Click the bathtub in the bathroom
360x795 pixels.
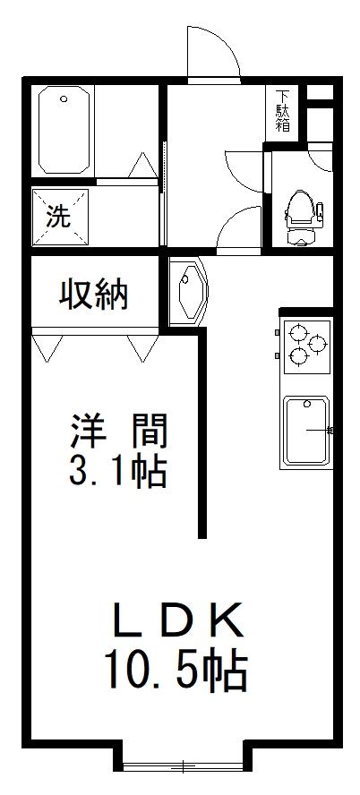pos(64,130)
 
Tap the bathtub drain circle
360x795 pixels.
pos(64,98)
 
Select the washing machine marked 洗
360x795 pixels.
pos(60,217)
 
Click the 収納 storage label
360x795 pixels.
pos(93,295)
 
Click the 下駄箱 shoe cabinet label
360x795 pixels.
pos(283,110)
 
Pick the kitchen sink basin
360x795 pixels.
pos(306,431)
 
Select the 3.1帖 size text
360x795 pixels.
pos(117,472)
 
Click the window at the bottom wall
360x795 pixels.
pos(184,767)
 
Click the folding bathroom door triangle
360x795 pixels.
pos(142,165)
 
